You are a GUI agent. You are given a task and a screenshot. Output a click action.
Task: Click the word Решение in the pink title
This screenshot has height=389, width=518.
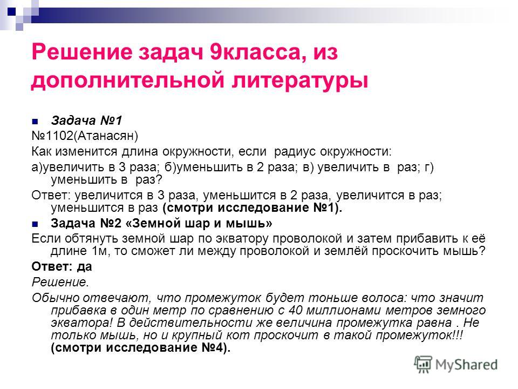[x=81, y=52]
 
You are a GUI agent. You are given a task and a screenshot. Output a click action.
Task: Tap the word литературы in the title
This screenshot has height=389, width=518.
[x=299, y=81]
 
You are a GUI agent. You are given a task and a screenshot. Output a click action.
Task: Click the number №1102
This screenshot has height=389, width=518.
[x=49, y=136]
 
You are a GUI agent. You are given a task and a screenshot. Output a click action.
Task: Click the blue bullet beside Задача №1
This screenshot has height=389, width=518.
[x=35, y=122]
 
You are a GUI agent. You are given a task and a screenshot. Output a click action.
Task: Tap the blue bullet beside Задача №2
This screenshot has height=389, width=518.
[x=35, y=224]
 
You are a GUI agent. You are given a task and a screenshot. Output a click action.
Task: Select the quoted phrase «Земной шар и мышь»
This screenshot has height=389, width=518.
[x=199, y=223]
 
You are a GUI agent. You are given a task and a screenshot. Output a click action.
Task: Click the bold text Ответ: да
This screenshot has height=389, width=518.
[x=62, y=266]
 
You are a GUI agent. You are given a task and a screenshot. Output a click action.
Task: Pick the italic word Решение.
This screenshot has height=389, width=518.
[x=60, y=282]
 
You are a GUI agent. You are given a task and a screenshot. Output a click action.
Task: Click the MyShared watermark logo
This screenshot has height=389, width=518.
[x=456, y=365]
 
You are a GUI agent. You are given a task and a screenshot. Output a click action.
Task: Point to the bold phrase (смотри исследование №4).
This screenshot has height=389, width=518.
[x=141, y=347]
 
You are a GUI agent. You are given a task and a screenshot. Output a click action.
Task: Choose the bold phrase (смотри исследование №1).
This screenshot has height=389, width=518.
[x=253, y=207]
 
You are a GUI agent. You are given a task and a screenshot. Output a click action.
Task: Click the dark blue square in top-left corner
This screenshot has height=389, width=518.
[x=11, y=12]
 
